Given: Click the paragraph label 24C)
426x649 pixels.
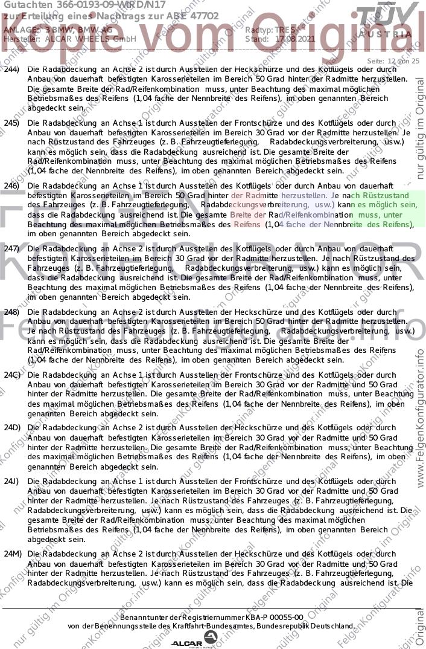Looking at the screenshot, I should (x=11, y=375).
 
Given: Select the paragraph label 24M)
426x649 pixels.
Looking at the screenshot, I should (x=11, y=554).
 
